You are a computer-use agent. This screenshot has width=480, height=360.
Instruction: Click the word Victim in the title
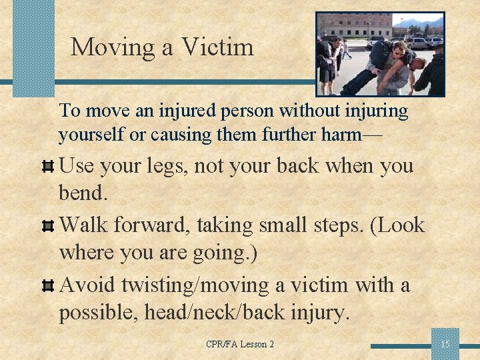[217, 47]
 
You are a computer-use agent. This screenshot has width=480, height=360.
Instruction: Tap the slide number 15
[445, 344]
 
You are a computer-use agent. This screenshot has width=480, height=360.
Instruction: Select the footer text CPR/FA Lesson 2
[240, 344]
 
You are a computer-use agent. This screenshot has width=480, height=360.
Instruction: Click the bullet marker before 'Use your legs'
[47, 166]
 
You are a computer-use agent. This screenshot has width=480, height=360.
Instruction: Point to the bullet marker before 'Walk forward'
[47, 226]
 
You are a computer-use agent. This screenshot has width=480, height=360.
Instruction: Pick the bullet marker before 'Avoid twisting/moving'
[47, 286]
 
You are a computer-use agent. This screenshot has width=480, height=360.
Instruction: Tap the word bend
[82, 194]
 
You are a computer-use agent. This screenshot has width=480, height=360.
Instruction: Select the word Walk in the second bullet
[85, 225]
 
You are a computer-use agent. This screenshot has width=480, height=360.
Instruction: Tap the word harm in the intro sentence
[337, 134]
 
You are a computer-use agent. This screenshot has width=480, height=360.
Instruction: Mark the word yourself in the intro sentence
[91, 135]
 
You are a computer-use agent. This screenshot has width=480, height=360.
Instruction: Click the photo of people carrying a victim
[379, 54]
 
